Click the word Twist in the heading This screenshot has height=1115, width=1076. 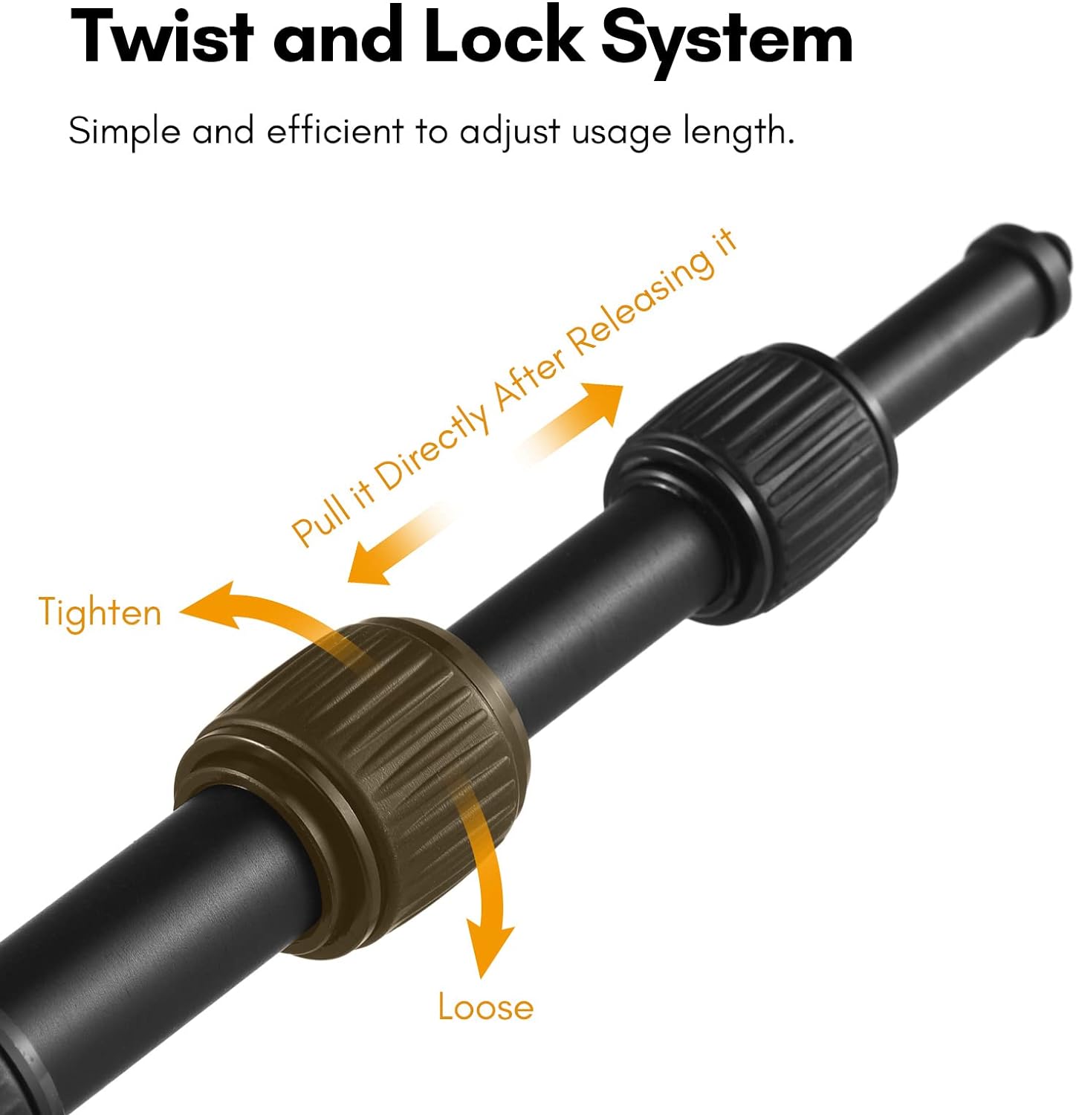[x=162, y=37]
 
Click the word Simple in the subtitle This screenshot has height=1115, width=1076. [x=125, y=132]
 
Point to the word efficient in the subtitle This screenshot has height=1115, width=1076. [x=334, y=131]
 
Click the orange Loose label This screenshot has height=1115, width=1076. [x=485, y=1006]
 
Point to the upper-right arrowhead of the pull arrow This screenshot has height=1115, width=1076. [x=602, y=402]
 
